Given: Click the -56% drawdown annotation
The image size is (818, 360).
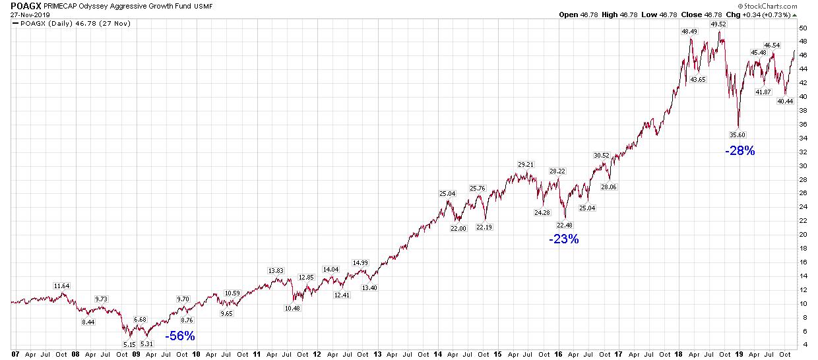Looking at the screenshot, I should [180, 336].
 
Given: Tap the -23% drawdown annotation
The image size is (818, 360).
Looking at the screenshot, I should [563, 239].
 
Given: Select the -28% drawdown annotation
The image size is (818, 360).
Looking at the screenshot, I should [739, 151].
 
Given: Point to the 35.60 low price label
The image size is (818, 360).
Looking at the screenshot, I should [737, 135].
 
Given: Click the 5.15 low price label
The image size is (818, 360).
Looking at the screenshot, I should [130, 344].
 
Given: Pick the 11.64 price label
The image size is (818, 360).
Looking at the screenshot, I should [61, 285].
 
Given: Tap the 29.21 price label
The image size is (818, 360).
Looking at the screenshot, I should [526, 165].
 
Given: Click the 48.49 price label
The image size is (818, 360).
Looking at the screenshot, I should [689, 32].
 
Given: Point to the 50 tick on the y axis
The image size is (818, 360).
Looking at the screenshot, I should [803, 28].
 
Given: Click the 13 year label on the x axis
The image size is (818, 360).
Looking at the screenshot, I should [377, 353].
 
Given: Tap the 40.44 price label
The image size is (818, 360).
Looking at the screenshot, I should [785, 102].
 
